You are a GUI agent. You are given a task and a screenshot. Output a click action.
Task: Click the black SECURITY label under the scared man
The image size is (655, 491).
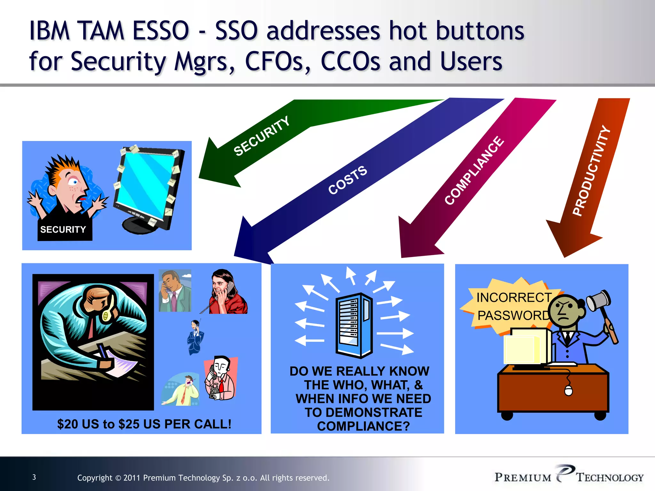click(63, 230)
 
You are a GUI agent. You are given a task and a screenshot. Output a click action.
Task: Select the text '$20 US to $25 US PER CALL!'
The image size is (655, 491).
click(144, 424)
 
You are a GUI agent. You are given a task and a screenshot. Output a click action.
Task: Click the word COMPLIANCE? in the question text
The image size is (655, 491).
click(363, 426)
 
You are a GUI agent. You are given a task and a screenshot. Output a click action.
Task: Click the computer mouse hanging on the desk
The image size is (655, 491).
click(568, 390)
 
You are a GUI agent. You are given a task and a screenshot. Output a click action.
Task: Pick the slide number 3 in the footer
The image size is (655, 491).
click(34, 477)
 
